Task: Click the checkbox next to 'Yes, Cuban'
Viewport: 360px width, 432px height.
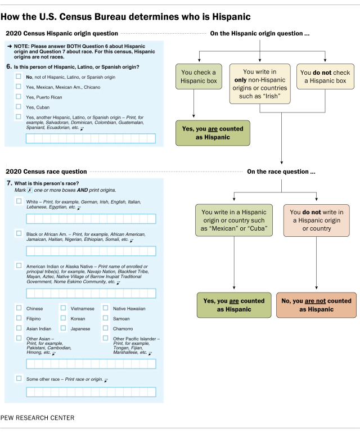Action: pyautogui.click(x=19, y=106)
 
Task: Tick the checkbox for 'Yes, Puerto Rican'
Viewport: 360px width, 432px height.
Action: pyautogui.click(x=19, y=97)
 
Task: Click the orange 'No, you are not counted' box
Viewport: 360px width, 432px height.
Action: pyautogui.click(x=316, y=305)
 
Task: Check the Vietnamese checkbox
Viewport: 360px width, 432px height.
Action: pyautogui.click(x=63, y=308)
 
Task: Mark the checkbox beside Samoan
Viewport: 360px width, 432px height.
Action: pyautogui.click(x=105, y=318)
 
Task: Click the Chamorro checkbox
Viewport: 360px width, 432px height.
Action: pyautogui.click(x=105, y=328)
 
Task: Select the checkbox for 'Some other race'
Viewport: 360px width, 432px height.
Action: pyautogui.click(x=19, y=379)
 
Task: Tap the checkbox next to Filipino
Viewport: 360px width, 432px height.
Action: pyautogui.click(x=19, y=318)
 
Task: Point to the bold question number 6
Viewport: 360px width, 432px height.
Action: pyautogui.click(x=8, y=67)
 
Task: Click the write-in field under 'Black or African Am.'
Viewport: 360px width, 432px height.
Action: pyautogui.click(x=91, y=251)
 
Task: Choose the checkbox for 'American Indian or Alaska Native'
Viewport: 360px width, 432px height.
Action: pyautogui.click(x=19, y=265)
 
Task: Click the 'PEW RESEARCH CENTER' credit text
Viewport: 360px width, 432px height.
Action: pyautogui.click(x=37, y=418)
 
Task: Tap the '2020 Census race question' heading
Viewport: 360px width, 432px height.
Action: pyautogui.click(x=46, y=171)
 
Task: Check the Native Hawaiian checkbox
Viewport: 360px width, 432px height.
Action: pyautogui.click(x=105, y=308)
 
